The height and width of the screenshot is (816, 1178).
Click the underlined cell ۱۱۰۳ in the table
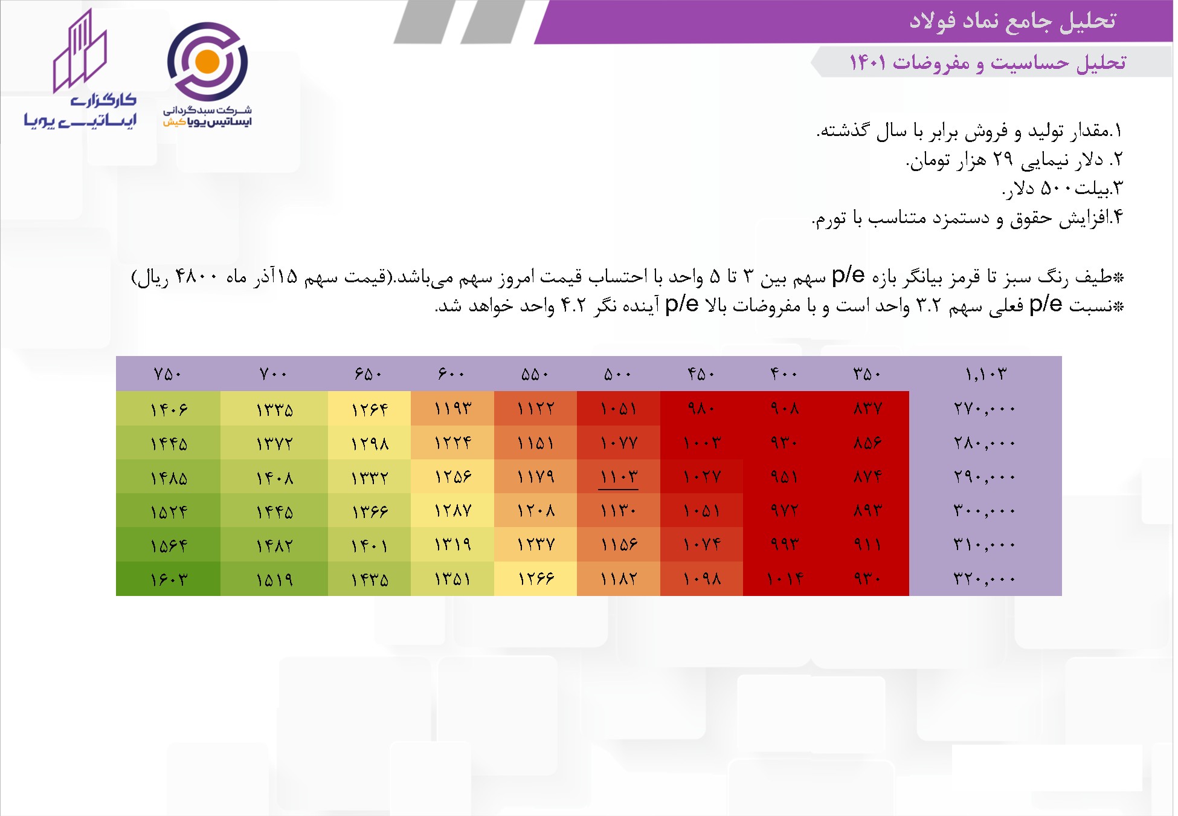click(x=619, y=477)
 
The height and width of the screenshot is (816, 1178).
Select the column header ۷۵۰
click(x=168, y=374)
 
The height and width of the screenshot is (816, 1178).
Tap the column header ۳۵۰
click(x=867, y=374)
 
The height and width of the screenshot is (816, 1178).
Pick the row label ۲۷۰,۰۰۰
click(x=985, y=409)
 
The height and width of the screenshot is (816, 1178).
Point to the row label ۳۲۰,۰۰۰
click(x=985, y=579)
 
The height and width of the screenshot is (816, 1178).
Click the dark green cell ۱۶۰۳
click(x=169, y=579)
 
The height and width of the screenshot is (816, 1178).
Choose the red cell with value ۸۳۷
click(x=867, y=409)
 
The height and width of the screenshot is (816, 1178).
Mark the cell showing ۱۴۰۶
click(x=169, y=409)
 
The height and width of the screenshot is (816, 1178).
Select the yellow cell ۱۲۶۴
click(x=370, y=409)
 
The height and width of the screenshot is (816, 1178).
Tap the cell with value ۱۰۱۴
click(x=785, y=579)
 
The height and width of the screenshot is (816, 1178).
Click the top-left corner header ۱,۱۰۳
click(x=985, y=374)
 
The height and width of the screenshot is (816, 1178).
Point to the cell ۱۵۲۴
click(x=169, y=511)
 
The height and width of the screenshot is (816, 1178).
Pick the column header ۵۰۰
click(x=618, y=374)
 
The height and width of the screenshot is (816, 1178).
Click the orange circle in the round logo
click(x=207, y=62)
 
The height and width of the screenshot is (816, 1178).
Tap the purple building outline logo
click(x=80, y=51)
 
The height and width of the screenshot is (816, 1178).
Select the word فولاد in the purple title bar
click(x=933, y=21)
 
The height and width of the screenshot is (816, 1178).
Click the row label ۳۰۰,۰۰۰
click(x=985, y=511)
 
